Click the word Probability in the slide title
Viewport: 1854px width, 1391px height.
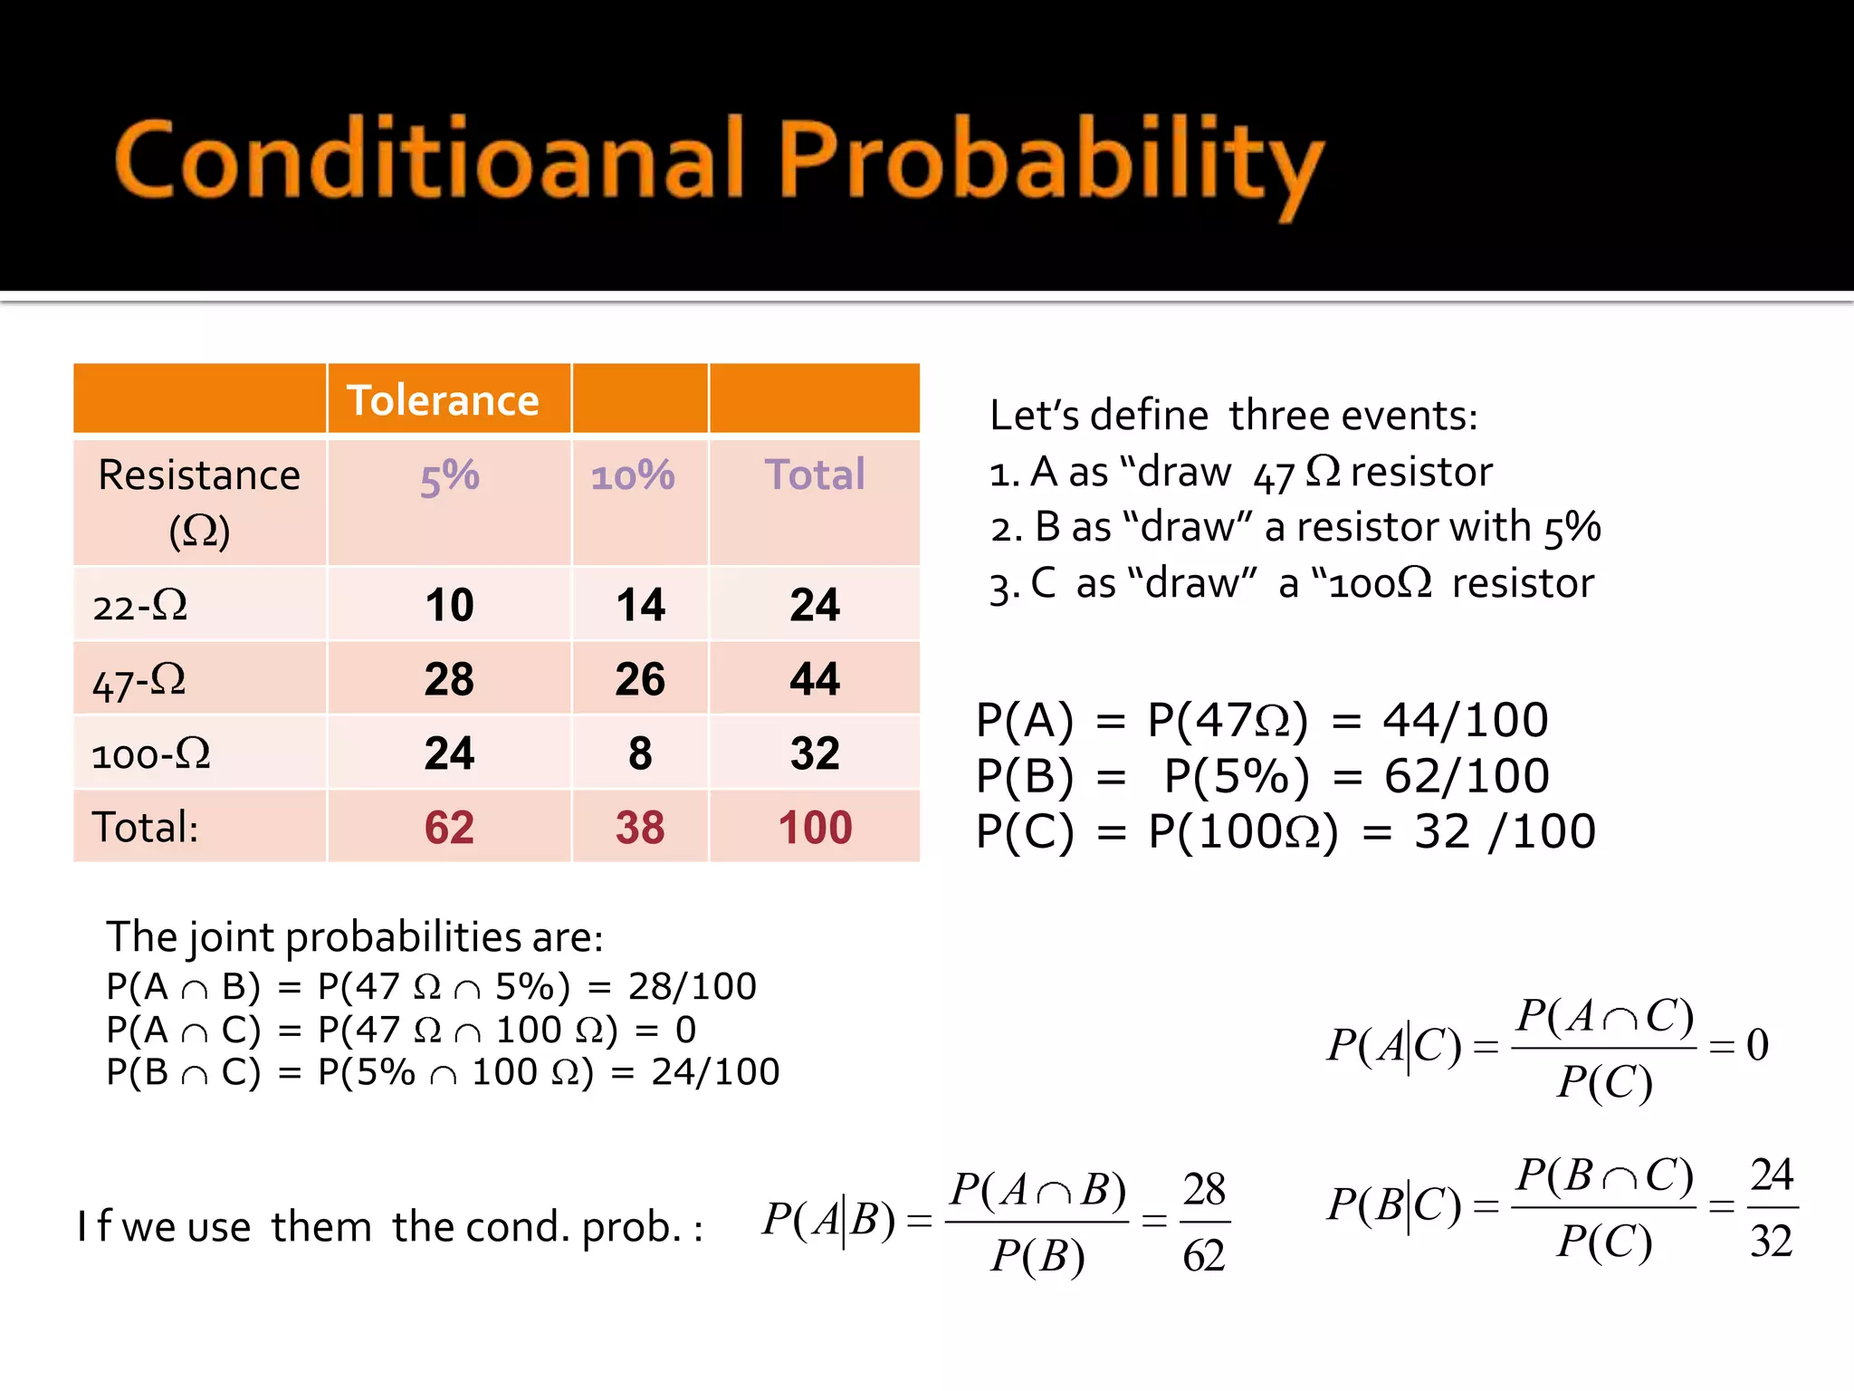[x=1050, y=161]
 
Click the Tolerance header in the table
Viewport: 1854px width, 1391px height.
[x=443, y=400]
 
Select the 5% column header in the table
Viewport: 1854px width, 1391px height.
[x=450, y=476]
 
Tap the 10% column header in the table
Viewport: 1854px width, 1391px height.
[x=633, y=475]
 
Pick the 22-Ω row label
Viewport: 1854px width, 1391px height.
[x=140, y=605]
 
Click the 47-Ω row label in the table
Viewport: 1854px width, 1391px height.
[x=139, y=680]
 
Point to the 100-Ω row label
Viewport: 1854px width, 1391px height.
[x=151, y=753]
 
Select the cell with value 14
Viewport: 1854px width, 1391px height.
[x=640, y=605]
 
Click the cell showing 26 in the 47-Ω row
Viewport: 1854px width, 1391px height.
[x=640, y=679]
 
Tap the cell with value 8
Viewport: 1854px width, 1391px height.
[x=640, y=753]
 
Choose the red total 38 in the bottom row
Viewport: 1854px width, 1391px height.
[x=640, y=828]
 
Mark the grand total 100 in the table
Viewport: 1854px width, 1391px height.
[x=815, y=828]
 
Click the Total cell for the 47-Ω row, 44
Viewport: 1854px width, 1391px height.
[x=815, y=679]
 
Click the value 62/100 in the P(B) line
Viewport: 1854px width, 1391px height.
[x=1467, y=776]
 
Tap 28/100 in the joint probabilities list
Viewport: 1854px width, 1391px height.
[x=693, y=986]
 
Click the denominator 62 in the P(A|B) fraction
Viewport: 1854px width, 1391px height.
[x=1204, y=1255]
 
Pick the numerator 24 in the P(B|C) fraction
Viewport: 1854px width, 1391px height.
[x=1772, y=1175]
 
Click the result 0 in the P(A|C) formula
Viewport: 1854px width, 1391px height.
[x=1757, y=1045]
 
